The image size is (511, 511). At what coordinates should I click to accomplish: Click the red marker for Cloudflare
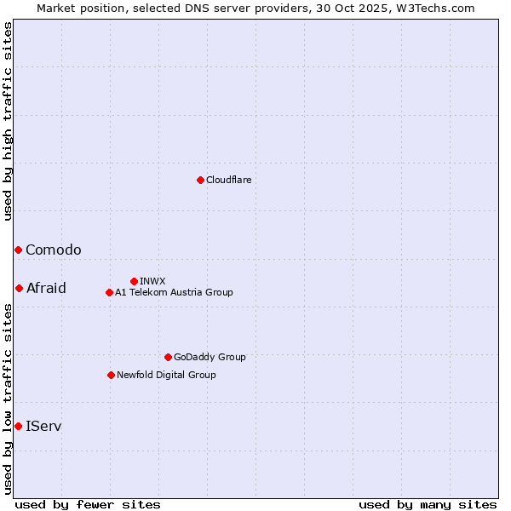[200, 180]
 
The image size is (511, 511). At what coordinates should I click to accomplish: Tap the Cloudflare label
[229, 180]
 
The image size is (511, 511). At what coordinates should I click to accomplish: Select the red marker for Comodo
[18, 250]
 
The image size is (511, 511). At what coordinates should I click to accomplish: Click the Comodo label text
[54, 250]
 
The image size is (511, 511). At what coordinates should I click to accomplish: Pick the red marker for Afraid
[19, 288]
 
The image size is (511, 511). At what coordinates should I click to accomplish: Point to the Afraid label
[46, 288]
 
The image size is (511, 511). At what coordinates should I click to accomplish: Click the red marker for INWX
[134, 281]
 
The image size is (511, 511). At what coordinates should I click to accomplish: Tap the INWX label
[153, 281]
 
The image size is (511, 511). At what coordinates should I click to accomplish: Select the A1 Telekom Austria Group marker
[109, 292]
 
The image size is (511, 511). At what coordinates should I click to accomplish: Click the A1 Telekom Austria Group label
[174, 292]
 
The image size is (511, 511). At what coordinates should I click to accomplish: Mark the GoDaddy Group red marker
[168, 357]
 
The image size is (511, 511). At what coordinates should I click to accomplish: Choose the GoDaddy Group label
[210, 357]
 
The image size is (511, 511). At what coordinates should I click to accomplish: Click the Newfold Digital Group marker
[111, 375]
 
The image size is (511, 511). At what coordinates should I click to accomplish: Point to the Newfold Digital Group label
[166, 375]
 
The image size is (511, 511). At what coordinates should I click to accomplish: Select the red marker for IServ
[18, 426]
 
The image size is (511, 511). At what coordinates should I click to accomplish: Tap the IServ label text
[43, 426]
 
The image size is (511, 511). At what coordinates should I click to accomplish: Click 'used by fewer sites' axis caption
[88, 504]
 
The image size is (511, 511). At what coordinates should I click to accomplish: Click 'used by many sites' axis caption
[428, 504]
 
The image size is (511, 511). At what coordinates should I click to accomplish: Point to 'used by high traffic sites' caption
[8, 121]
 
